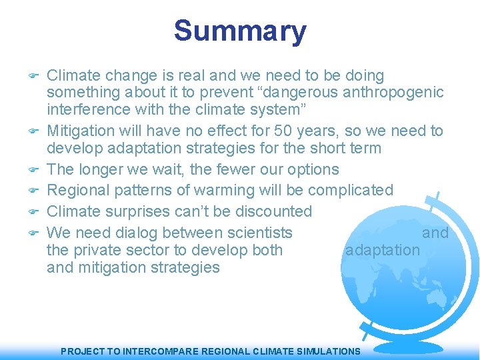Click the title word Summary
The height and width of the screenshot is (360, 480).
(240, 31)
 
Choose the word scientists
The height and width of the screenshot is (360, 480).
(259, 233)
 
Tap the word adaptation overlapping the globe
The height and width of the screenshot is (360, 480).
(382, 250)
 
